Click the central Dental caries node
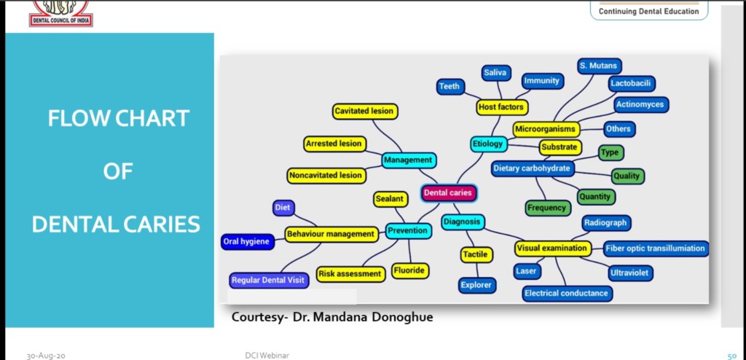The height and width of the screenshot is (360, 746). click(x=449, y=193)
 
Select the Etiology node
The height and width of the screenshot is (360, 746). click(x=487, y=144)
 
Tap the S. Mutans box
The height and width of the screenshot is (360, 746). click(x=599, y=66)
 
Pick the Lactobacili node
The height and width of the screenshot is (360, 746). click(x=631, y=84)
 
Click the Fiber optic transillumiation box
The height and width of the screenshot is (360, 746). click(x=656, y=249)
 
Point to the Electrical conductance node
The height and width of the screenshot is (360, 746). click(x=567, y=293)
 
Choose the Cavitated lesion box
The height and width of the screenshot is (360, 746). click(x=364, y=111)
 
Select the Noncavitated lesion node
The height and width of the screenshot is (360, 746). click(x=325, y=175)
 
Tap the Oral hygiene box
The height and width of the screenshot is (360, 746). click(x=247, y=242)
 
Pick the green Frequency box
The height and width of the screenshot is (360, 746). click(x=547, y=208)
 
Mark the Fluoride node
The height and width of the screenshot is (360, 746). click(x=409, y=270)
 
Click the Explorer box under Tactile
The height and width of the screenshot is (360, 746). click(x=476, y=285)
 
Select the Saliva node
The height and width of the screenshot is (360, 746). click(x=495, y=73)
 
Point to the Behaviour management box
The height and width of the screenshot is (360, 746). click(x=331, y=235)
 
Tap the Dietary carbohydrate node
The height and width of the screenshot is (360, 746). click(x=533, y=168)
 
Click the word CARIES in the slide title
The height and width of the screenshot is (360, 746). click(x=156, y=224)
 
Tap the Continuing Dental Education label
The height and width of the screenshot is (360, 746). click(x=648, y=11)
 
